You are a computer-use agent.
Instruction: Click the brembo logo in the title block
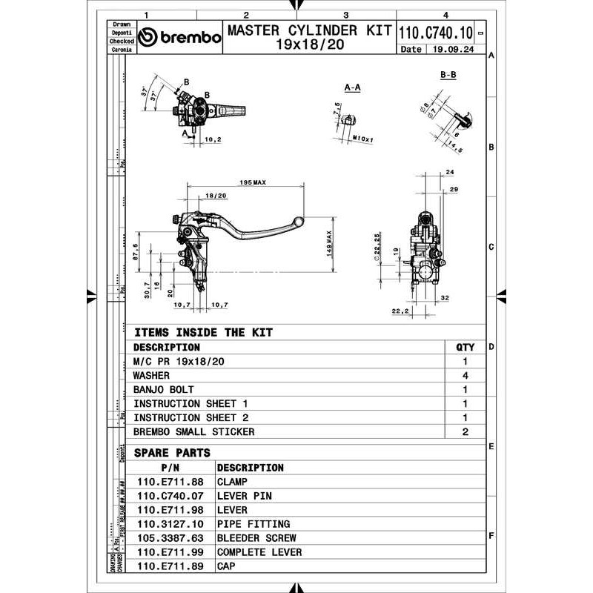pos(180,38)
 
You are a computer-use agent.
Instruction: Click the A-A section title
pos(353,87)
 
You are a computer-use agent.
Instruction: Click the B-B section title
pos(448,76)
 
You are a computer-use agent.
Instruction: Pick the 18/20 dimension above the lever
pos(215,195)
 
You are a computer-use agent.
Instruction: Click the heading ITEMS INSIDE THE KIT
pos(202,333)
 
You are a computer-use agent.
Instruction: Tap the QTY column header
pos(465,347)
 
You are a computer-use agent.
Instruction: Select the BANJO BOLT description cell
pos(163,389)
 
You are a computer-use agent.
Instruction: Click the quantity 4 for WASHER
pos(465,375)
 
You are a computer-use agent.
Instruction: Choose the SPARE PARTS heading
pos(172,452)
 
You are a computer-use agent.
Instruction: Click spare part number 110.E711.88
pos(171,482)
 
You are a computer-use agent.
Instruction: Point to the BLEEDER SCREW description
pos(256,538)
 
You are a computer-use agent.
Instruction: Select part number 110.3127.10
pos(171,524)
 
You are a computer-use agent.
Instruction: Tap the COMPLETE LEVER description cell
pos(259,552)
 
